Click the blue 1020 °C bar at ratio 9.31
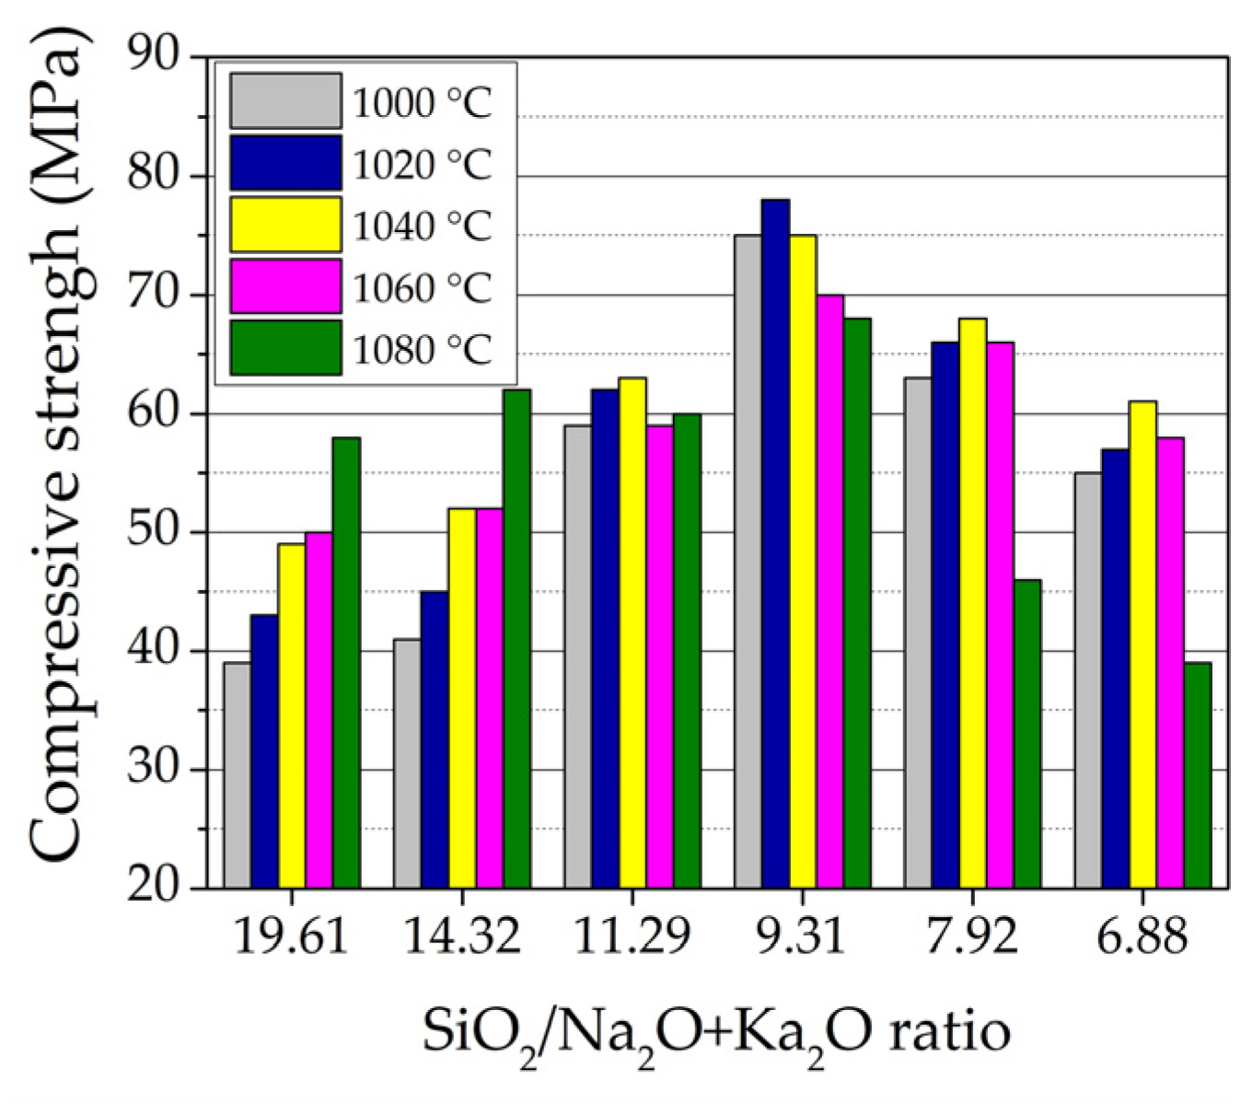775,543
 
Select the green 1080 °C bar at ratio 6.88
1197,775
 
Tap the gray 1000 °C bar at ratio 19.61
237,775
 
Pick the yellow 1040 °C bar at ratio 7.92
972,603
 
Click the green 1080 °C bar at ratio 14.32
516,638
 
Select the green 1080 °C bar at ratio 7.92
1027,734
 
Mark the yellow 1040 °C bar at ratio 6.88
1143,645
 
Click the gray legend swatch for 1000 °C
285,100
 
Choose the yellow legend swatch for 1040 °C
285,224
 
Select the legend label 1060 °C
423,289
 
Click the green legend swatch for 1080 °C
285,347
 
